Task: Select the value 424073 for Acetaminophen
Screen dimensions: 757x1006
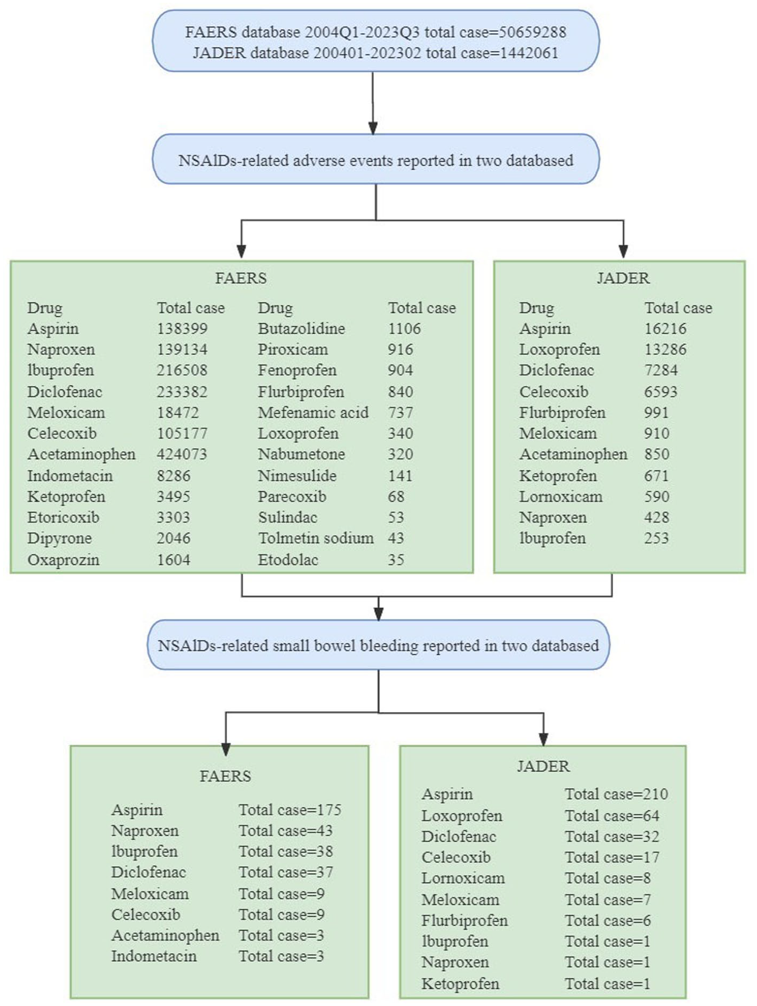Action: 182,454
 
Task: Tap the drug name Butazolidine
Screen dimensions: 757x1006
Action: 302,328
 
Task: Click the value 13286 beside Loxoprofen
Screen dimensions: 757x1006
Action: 665,349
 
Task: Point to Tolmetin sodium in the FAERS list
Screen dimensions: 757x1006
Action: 316,538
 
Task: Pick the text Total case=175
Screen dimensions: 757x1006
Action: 290,809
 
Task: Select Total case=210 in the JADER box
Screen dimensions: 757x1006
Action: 616,794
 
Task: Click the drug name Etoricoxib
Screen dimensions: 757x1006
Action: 63,517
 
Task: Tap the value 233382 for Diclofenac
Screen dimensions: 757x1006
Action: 182,392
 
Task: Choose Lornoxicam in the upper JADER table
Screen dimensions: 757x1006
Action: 561,496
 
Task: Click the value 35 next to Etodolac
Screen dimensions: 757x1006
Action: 396,559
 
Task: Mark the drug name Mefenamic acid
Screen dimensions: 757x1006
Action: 313,412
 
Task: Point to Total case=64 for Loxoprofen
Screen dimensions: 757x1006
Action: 612,816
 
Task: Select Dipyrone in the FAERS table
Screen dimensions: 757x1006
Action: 60,538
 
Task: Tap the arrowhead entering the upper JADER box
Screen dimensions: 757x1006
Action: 623,252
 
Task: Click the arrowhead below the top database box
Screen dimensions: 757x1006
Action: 373,128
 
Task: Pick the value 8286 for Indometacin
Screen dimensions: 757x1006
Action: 173,476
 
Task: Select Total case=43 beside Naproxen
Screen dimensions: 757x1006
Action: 286,830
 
